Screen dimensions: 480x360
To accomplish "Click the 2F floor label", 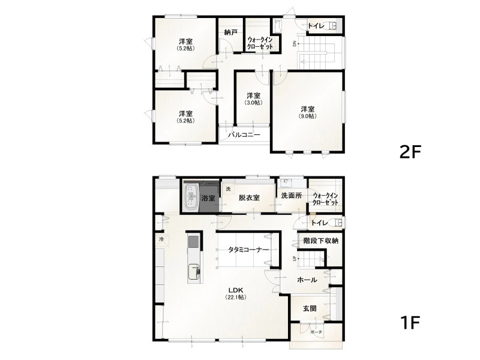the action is (410, 152).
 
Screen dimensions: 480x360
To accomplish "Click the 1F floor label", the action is (410, 322).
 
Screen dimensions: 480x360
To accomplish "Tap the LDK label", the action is (236, 290).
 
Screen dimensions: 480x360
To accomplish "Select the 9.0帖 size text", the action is (308, 116).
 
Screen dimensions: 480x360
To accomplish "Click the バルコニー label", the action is (244, 134).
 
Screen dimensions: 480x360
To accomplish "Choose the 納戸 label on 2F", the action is (230, 32).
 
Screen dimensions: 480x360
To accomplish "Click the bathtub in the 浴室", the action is (191, 197).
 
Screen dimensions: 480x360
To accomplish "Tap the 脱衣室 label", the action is (249, 198).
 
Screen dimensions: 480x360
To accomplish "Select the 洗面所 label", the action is (292, 196).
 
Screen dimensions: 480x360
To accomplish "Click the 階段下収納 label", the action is (321, 241).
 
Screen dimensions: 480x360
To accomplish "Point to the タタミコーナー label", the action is (248, 250).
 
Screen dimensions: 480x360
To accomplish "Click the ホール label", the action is (307, 280).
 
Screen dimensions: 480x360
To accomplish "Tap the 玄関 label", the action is (310, 308).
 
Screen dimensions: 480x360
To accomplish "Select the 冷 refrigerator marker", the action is (161, 239).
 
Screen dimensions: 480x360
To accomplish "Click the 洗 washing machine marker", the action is (228, 189).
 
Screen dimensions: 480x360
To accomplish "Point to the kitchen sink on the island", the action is (194, 272).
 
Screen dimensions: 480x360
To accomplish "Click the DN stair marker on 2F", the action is (295, 44).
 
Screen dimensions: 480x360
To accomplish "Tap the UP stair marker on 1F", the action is (295, 258).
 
